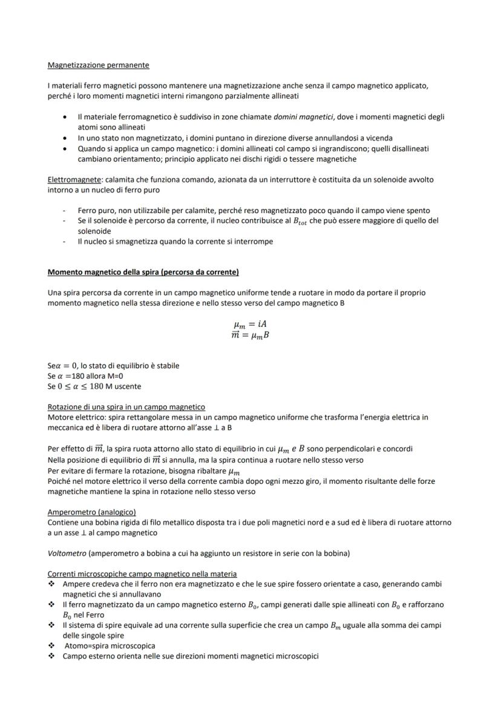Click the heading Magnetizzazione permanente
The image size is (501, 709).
pos(98,65)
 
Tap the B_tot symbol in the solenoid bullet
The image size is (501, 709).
pos(300,222)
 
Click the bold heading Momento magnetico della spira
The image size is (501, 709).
pos(143,272)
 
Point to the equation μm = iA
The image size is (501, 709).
pos(250,324)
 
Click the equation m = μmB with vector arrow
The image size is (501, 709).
pos(250,335)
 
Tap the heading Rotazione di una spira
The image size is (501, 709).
pos(126,407)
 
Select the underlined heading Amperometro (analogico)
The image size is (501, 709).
pos(91,512)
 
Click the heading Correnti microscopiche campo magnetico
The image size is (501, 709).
pos(142,573)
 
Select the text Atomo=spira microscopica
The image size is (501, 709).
pos(110,646)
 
